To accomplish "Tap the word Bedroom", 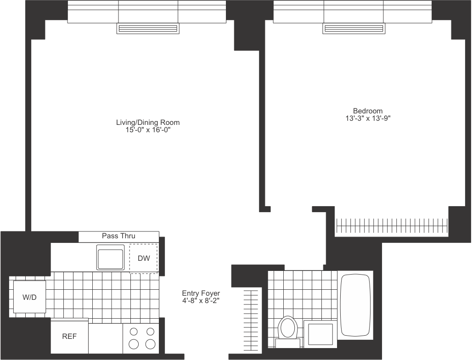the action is coord(367,111).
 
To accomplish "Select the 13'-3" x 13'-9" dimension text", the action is coord(367,118).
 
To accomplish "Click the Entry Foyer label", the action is coord(201,293).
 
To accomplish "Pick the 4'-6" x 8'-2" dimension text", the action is coord(201,301).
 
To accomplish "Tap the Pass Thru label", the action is coord(118,236).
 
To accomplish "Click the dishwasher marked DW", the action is coord(143,259).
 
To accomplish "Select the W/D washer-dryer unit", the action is coord(29,297).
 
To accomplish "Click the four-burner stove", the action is coord(141,338).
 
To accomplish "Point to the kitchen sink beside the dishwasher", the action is coord(110,257).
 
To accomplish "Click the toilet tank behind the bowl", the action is coord(288,343).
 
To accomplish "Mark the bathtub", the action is coord(355,305).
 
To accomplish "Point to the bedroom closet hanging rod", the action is coord(392,226).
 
